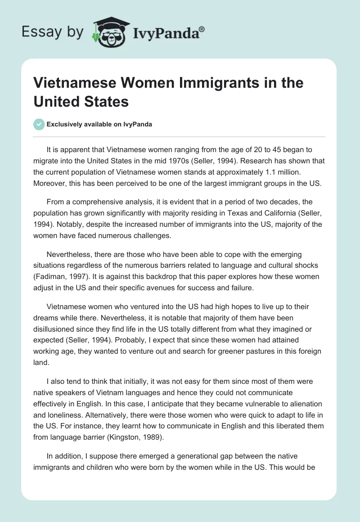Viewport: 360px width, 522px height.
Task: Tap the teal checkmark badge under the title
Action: [39, 124]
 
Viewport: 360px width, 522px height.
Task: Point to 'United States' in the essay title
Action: [81, 101]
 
